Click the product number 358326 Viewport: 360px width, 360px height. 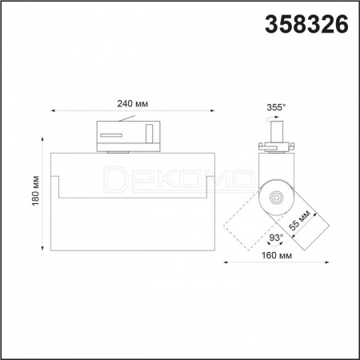coord(306,24)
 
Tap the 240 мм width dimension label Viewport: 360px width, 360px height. coord(133,103)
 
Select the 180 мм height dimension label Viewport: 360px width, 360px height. coord(35,190)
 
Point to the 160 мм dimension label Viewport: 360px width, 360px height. coord(277,255)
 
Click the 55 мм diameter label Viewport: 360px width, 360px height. coord(300,220)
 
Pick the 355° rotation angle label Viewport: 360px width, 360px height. coord(276,107)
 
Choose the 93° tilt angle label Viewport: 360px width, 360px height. coord(276,237)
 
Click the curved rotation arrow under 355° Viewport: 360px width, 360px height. coord(273,118)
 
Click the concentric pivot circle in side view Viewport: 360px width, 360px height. coord(276,198)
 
